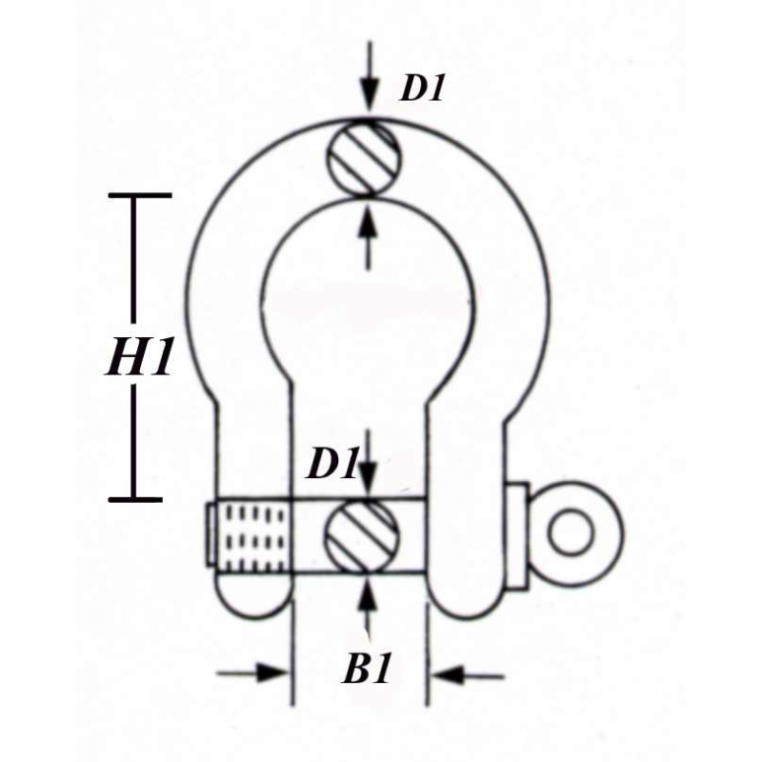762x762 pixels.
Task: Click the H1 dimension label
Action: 140,356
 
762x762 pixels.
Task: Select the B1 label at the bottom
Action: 367,670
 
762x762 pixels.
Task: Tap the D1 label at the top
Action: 422,89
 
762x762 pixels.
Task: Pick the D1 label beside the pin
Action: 332,464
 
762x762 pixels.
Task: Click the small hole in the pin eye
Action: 571,531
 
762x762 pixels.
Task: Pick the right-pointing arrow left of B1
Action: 252,673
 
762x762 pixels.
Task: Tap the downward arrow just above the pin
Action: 369,464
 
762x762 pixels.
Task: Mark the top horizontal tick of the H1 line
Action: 140,195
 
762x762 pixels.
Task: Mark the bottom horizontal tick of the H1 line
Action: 135,499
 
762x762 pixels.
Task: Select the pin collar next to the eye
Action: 517,536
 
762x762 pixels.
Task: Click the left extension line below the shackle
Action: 292,652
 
